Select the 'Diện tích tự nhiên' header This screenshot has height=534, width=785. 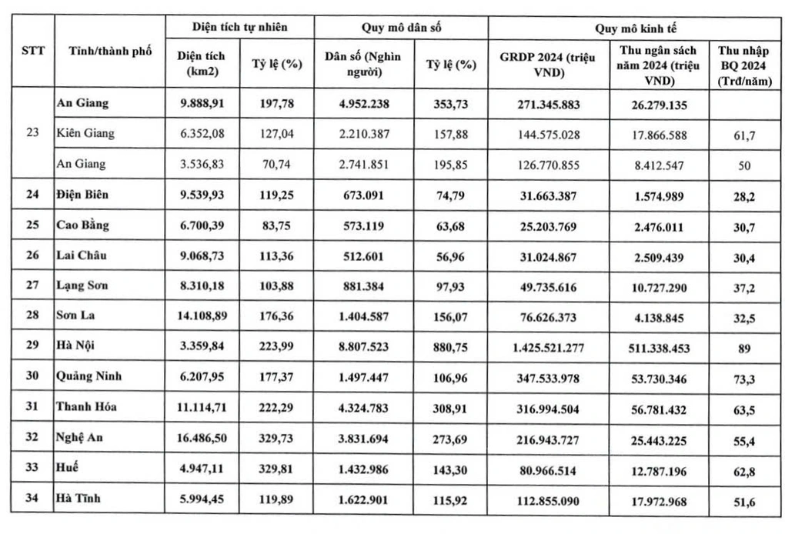[239, 28]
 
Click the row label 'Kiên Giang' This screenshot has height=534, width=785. [85, 133]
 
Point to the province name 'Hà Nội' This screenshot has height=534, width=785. [77, 345]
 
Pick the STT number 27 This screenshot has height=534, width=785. [32, 285]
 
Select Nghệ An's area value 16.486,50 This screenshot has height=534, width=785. [199, 437]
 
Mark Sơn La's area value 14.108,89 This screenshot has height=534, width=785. [199, 315]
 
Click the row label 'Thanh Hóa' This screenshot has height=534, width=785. [85, 406]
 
